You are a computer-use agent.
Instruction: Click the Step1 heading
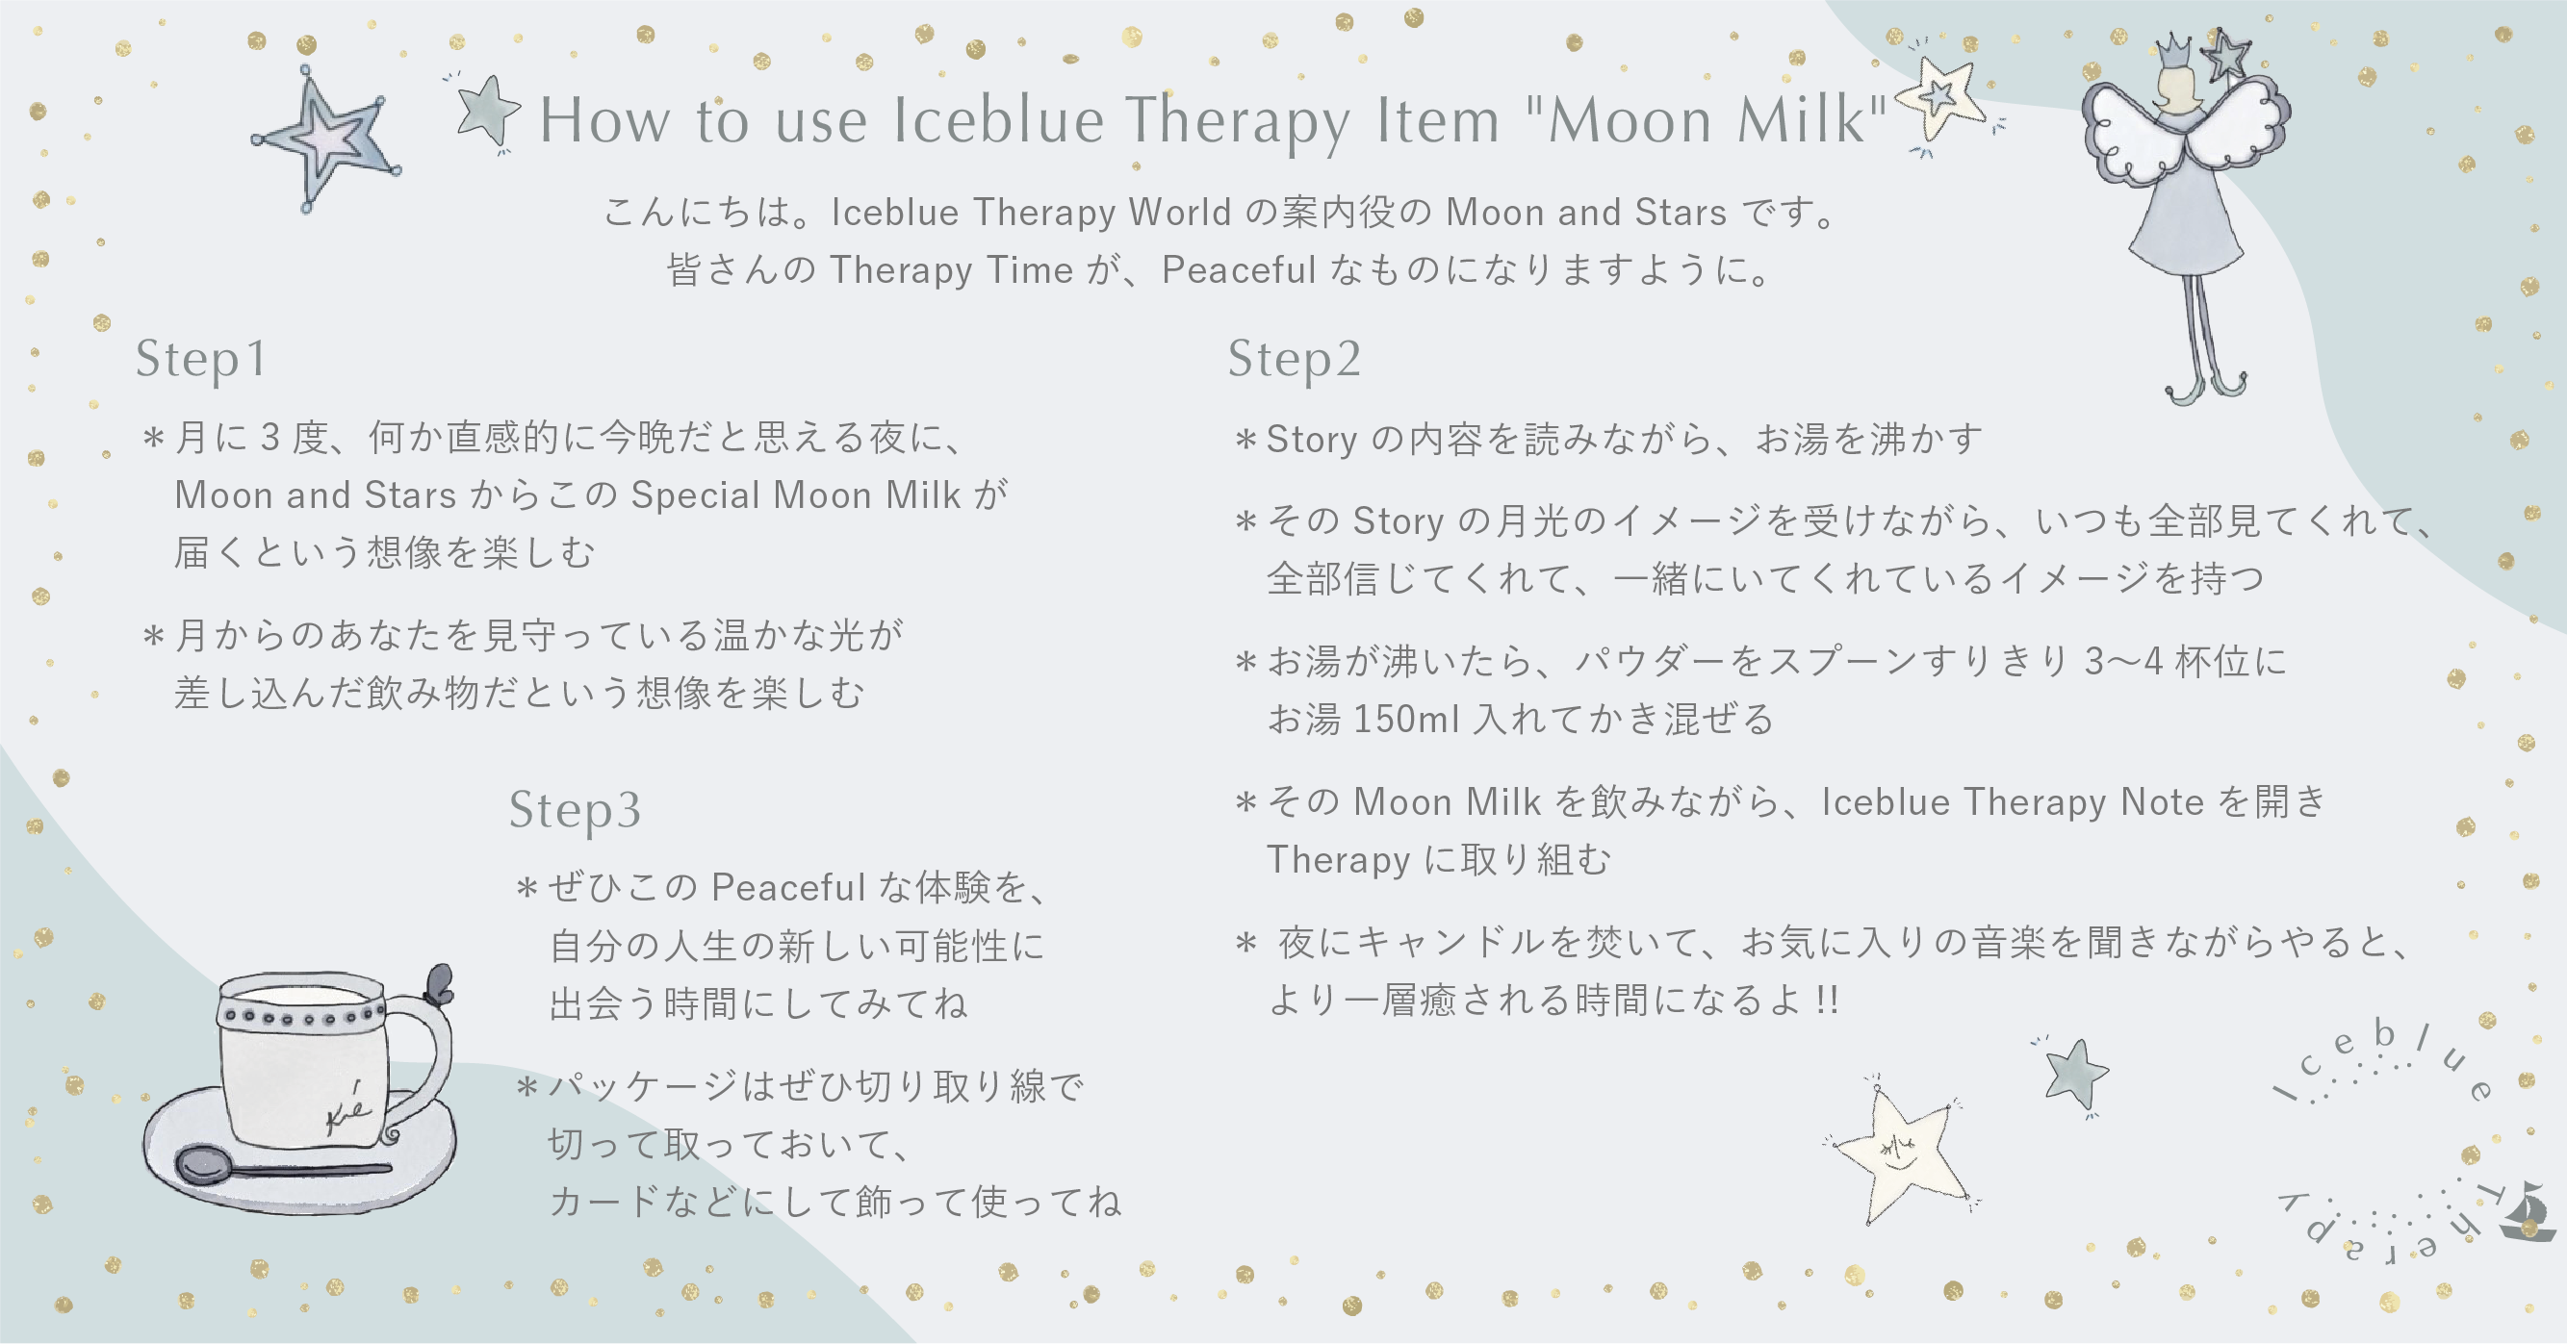(x=201, y=360)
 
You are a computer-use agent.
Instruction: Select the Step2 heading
(x=1294, y=360)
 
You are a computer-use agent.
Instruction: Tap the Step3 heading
(x=575, y=810)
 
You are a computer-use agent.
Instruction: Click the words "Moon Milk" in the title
(x=1706, y=120)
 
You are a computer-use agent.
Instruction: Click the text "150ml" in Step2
(x=1406, y=720)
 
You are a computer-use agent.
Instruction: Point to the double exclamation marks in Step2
(x=1827, y=1000)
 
